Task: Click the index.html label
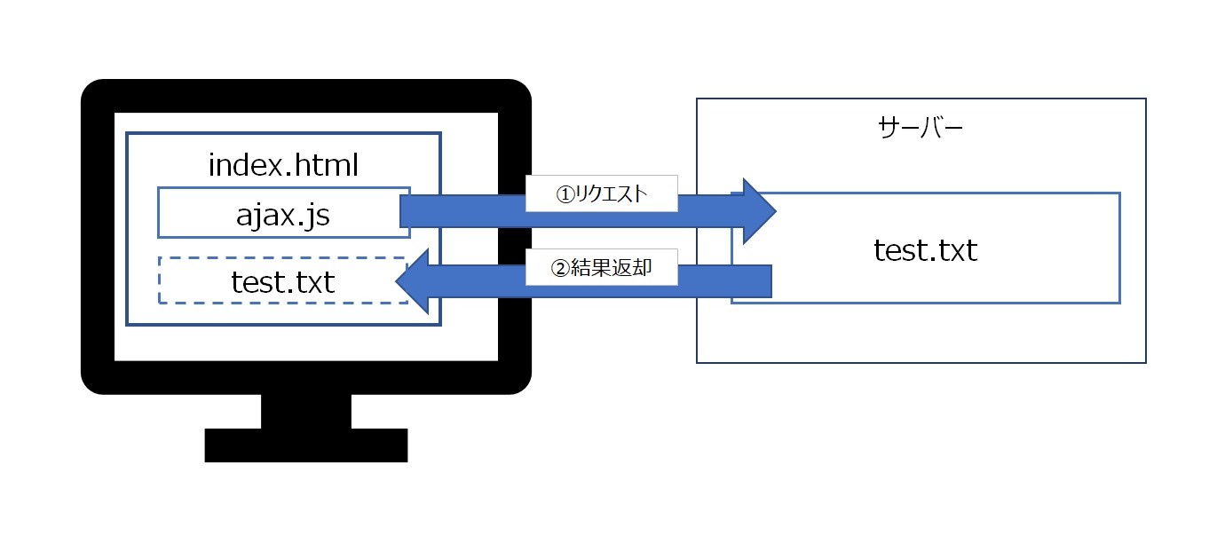[x=283, y=164]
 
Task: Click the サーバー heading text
[x=921, y=130]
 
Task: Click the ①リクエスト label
[x=602, y=194]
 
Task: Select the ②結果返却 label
[x=602, y=267]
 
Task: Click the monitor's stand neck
[x=306, y=411]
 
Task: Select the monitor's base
[x=306, y=445]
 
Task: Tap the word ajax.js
[x=283, y=214]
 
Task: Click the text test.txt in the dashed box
[x=282, y=281]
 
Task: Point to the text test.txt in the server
[x=925, y=250]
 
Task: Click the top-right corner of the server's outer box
[x=1145, y=99]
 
